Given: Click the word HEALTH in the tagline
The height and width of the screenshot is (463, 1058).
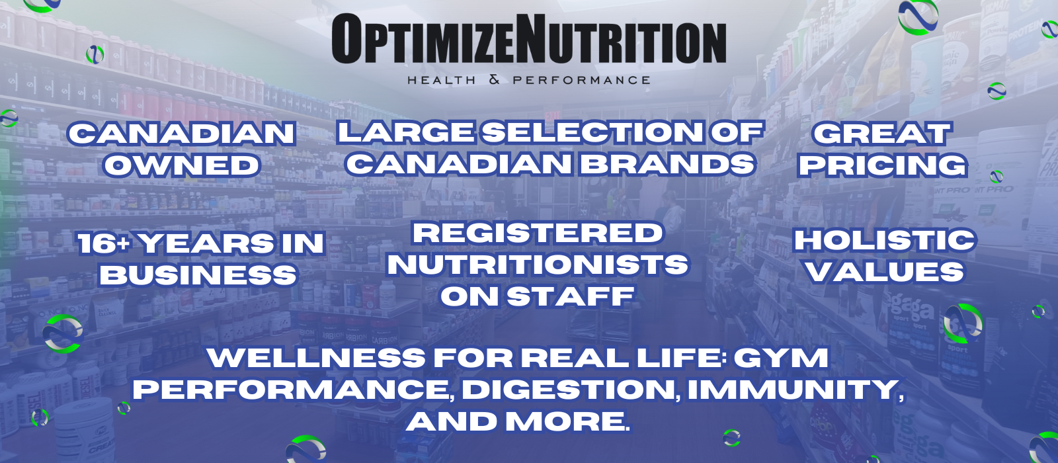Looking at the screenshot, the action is click(442, 80).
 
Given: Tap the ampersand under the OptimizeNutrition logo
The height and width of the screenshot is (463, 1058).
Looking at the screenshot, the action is click(494, 80).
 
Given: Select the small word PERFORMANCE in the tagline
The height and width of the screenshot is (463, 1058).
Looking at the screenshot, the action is click(581, 80).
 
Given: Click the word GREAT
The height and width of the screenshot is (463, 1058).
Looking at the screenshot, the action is click(881, 133).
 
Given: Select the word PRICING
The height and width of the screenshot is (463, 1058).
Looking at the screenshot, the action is click(882, 165).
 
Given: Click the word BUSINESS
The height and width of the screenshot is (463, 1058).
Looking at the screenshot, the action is click(198, 274).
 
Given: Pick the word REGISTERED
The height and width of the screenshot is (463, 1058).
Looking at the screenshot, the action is click(538, 233).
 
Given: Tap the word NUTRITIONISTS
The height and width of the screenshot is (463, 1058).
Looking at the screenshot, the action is click(538, 265).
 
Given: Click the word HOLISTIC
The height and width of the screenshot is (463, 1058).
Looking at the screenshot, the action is click(885, 240).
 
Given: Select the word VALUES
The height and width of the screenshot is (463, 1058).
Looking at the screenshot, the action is click(885, 272).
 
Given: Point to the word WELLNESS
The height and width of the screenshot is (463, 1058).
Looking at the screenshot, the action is click(316, 357).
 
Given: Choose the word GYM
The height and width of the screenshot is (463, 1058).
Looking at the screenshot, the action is click(781, 357).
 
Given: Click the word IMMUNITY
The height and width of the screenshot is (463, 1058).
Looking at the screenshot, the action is click(793, 390).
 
